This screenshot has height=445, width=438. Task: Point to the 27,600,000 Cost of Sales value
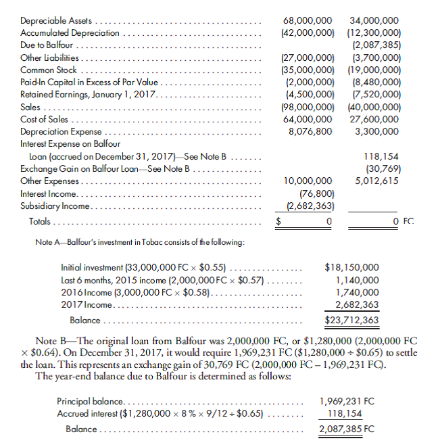376,119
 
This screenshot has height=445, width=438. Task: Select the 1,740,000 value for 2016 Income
358,292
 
